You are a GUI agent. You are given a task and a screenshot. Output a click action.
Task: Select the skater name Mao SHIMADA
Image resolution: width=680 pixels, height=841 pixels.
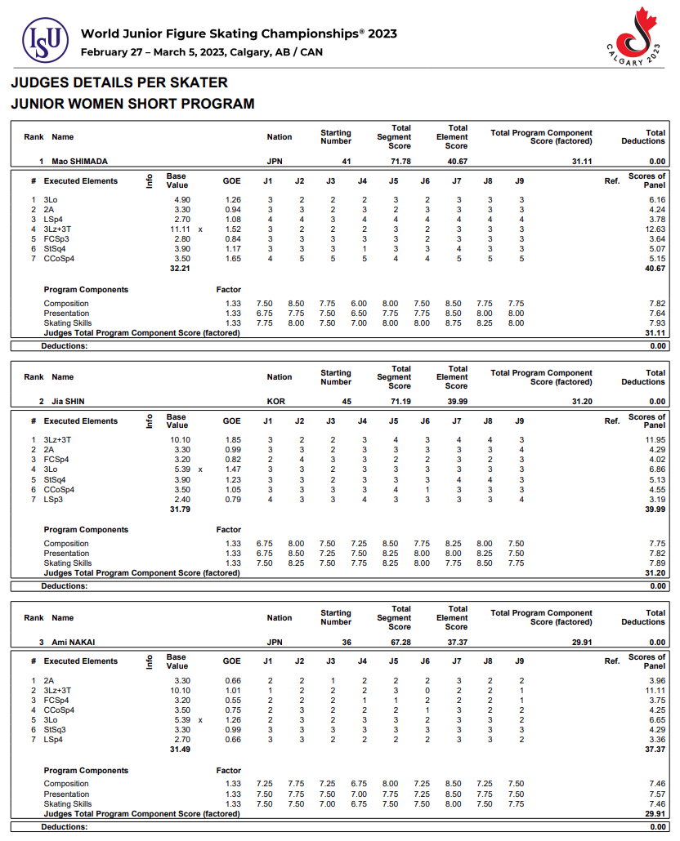click(79, 162)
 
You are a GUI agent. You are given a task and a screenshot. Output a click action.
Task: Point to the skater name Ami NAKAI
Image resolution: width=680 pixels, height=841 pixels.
click(73, 643)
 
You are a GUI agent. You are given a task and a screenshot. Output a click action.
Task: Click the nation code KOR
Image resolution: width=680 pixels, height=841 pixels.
click(276, 402)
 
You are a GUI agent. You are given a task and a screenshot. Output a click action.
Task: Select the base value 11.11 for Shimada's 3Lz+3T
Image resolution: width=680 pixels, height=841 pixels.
click(180, 229)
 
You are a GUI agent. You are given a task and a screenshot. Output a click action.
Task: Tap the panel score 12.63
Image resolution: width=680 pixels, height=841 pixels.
click(655, 229)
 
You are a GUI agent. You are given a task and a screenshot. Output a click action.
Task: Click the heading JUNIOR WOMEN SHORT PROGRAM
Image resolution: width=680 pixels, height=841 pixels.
click(132, 104)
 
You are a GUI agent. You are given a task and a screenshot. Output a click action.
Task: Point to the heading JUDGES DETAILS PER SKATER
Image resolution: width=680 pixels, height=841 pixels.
click(119, 82)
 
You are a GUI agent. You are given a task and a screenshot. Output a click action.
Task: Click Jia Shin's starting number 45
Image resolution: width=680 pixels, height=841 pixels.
click(346, 402)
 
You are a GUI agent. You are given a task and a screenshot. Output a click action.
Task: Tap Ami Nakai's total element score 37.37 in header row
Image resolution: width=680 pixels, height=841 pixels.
click(456, 643)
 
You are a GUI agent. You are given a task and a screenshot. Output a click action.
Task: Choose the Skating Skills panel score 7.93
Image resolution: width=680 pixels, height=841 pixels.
click(656, 323)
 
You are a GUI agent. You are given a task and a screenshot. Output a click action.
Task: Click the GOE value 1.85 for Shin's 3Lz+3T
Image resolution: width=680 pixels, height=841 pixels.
click(231, 440)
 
